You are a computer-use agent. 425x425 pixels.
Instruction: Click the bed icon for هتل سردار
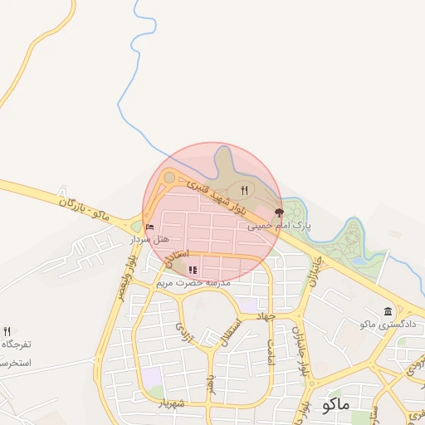149,227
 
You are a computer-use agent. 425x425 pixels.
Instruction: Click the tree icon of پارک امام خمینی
278,212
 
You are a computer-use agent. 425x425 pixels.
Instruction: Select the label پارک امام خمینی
278,225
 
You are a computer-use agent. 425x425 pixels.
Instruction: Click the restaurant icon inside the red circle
244,190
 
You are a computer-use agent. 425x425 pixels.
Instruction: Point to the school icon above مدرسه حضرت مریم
193,269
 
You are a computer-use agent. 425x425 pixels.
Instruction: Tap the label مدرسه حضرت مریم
193,282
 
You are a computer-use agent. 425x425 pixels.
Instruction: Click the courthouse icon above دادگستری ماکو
388,311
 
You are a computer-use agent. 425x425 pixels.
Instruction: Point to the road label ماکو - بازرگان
84,204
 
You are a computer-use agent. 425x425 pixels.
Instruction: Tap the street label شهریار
170,403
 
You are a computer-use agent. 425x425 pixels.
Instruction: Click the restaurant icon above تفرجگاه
7,331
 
